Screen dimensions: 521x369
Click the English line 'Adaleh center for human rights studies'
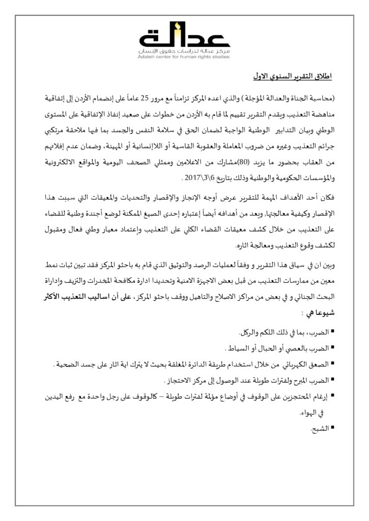[184, 57]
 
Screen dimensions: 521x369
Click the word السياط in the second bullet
[234, 349]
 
